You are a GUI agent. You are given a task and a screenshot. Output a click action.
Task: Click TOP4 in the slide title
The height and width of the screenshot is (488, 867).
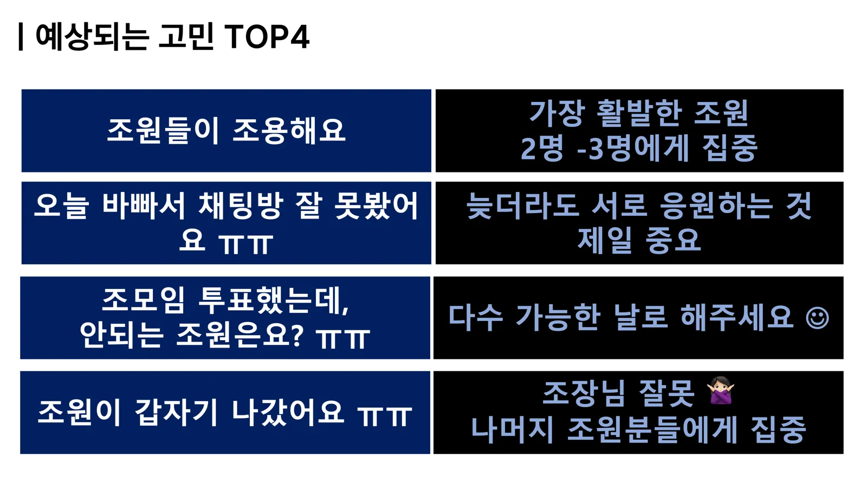tap(267, 37)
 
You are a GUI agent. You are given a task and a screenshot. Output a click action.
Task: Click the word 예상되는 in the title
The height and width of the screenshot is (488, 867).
tap(92, 37)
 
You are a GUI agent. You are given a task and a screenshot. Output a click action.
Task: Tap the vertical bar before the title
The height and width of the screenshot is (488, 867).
tap(21, 37)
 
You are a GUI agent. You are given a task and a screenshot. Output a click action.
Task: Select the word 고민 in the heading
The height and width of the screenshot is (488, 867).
tap(186, 37)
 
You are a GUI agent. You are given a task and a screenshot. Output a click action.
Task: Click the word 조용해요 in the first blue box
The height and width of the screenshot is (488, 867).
tap(289, 131)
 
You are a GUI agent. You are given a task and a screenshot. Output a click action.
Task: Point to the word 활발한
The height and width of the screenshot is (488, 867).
tap(639, 113)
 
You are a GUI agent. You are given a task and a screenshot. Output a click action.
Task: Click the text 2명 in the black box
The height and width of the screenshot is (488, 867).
tap(542, 149)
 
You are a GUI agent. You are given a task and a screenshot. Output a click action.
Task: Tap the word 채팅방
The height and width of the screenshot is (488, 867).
tap(241, 206)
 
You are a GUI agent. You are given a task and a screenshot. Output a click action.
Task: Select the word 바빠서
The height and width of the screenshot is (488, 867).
tap(144, 206)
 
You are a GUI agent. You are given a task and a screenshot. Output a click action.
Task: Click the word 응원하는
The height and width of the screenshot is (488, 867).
tap(716, 206)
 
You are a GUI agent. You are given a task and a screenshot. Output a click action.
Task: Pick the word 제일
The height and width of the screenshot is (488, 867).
tap(605, 241)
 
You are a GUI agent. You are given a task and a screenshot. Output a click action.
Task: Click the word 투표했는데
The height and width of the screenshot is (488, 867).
tap(273, 300)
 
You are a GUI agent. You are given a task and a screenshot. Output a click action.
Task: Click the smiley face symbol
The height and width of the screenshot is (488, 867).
tap(817, 318)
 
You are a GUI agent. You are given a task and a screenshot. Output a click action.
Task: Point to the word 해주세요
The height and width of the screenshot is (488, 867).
tap(737, 318)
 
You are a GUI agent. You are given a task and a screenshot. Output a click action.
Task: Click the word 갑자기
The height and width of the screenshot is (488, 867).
tap(176, 413)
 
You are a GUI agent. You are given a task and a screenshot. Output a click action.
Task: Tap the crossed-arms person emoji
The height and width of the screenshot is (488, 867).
tap(720, 390)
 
